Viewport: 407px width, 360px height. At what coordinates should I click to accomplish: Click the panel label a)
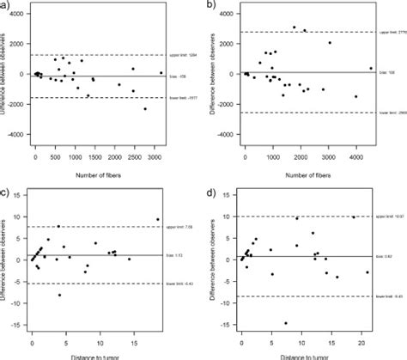(x=7, y=7)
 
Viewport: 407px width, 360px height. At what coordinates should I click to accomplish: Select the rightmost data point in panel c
(x=158, y=219)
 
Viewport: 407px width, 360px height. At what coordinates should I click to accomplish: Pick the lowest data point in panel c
(x=59, y=295)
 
